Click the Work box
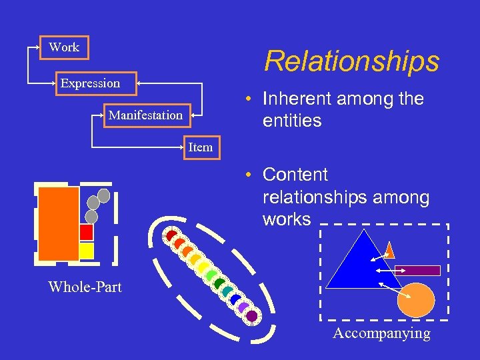coord(64,47)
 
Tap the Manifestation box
coord(145,115)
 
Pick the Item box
coord(200,147)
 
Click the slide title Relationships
coord(351,61)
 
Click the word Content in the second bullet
coord(295,175)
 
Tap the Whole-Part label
coord(85,287)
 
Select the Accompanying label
coord(381,333)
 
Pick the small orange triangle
coord(390,249)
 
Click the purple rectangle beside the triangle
coord(417,271)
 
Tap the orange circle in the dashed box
coord(415,299)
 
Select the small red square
coord(87,232)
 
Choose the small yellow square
coord(87,251)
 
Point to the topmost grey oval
coord(103,195)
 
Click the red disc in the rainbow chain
coord(171,235)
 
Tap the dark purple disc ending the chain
coord(251,316)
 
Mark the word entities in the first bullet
coord(292,121)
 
